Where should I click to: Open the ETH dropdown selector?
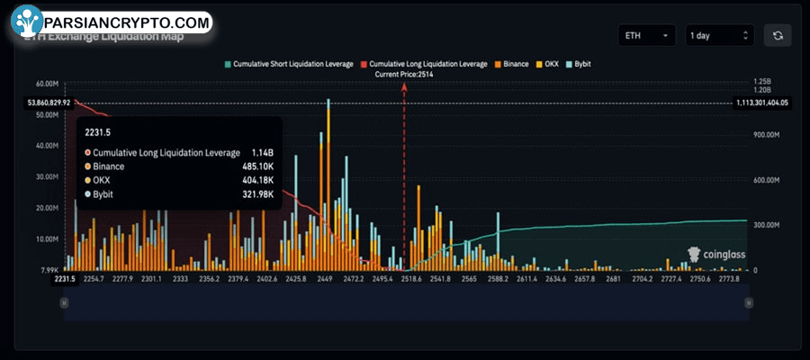click(646, 36)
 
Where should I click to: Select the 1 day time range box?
click(718, 36)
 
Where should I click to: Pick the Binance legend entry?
click(513, 65)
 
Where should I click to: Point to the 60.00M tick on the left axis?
click(46, 84)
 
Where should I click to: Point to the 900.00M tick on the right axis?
click(753, 135)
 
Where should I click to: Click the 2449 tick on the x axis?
click(325, 280)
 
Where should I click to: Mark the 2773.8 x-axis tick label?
click(729, 280)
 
